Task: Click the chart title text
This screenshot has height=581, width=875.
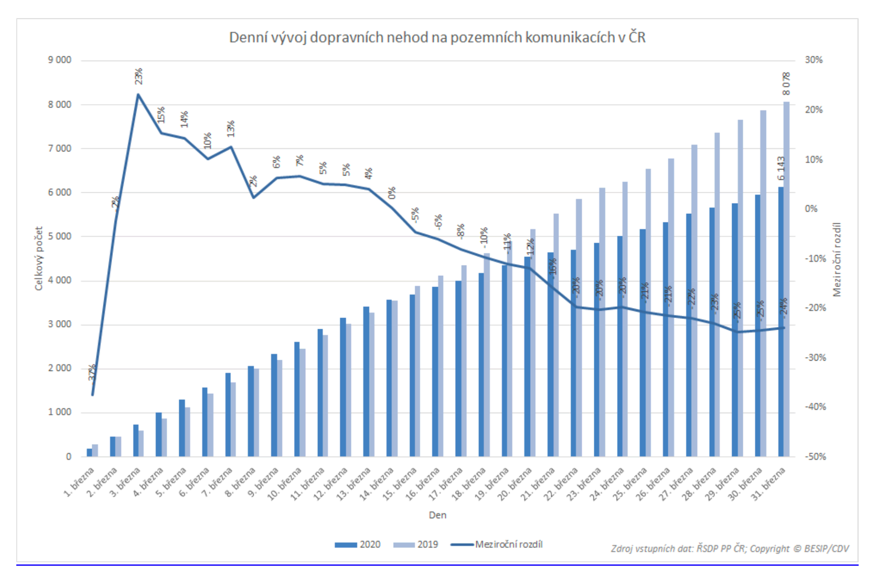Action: [x=437, y=38]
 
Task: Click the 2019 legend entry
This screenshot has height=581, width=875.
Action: [x=416, y=545]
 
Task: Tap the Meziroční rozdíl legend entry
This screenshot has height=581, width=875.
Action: [x=497, y=545]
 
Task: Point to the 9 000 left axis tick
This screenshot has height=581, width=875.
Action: [x=59, y=60]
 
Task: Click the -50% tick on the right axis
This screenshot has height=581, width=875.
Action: [x=815, y=457]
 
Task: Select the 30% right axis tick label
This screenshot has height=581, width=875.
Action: [x=813, y=60]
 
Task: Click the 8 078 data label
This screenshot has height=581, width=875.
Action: [x=786, y=84]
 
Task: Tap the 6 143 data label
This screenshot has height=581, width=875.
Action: [x=781, y=168]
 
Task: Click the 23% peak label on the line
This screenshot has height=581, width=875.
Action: [x=138, y=76]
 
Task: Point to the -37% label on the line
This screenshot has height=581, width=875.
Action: [x=92, y=373]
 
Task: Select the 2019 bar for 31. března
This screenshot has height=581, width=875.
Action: [x=786, y=278]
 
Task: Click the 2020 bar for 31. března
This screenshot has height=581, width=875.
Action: [x=781, y=322]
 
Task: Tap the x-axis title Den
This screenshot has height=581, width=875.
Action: [x=437, y=515]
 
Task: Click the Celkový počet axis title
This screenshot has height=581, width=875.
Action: [x=39, y=259]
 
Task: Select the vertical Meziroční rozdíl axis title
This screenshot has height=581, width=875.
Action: [x=836, y=259]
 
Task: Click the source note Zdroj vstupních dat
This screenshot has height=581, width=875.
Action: [x=729, y=549]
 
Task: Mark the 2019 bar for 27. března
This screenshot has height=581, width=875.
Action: [x=694, y=300]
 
